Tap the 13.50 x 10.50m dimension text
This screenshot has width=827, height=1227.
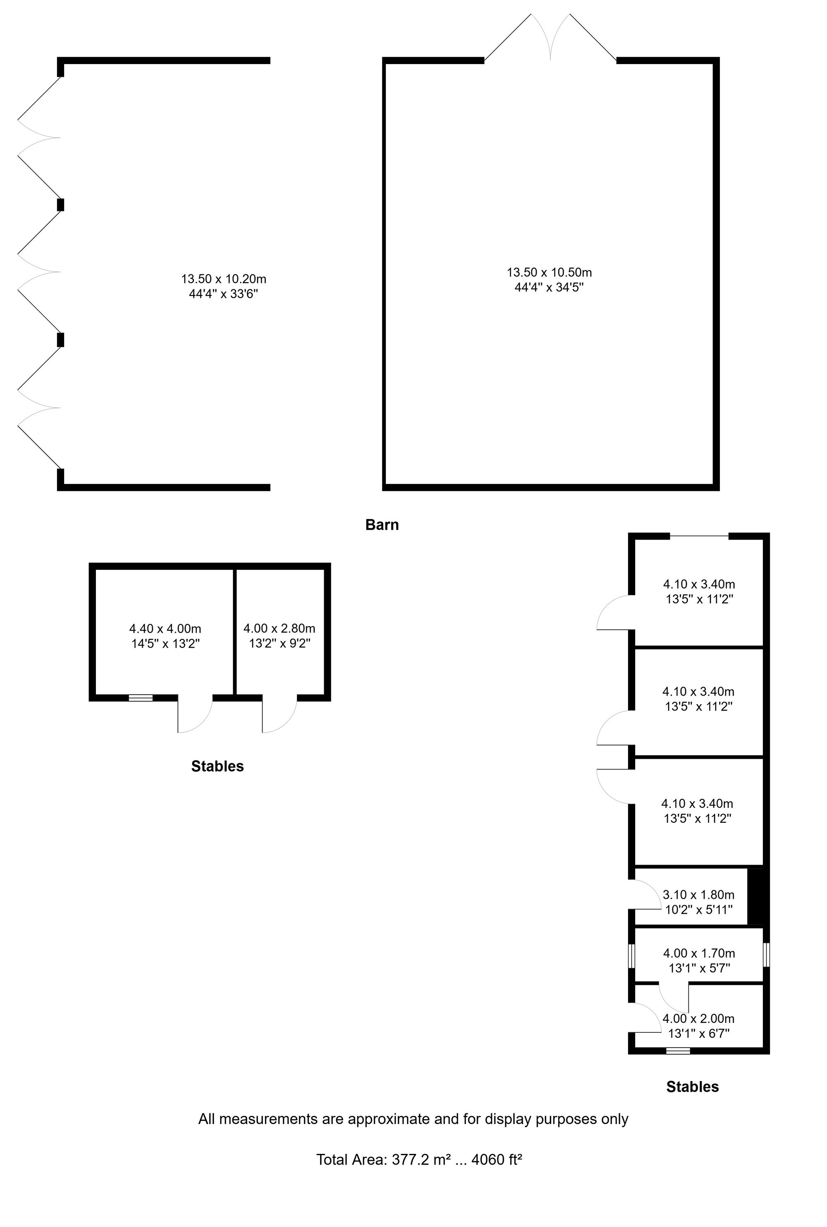pyautogui.click(x=549, y=272)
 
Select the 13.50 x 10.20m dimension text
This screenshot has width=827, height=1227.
pyautogui.click(x=224, y=279)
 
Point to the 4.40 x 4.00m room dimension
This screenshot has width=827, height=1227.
pyautogui.click(x=165, y=628)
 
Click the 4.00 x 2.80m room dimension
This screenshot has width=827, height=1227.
pyautogui.click(x=279, y=628)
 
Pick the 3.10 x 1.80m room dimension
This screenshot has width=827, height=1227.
pyautogui.click(x=698, y=894)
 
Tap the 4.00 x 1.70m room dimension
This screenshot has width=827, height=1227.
pyautogui.click(x=699, y=953)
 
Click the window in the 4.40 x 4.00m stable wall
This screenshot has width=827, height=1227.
pyautogui.click(x=141, y=698)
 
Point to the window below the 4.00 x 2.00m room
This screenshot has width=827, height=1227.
pyautogui.click(x=678, y=1051)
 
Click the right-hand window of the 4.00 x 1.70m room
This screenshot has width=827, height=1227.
pyautogui.click(x=766, y=955)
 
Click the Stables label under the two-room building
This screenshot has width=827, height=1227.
pyautogui.click(x=218, y=766)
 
